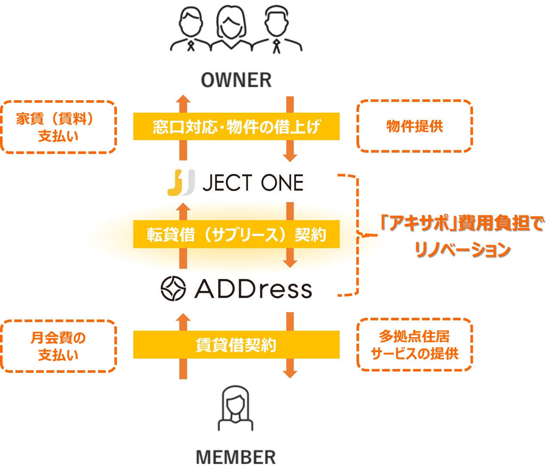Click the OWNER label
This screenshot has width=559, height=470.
click(236, 80)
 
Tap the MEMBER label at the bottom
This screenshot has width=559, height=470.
click(236, 458)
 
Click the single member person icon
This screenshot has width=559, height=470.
click(235, 409)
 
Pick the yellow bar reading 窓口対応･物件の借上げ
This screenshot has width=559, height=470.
click(236, 126)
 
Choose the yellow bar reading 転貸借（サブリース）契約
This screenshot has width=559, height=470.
click(236, 234)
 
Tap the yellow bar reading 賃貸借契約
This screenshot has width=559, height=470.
click(236, 345)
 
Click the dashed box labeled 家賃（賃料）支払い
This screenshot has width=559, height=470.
click(58, 127)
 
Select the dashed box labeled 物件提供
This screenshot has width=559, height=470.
click(415, 126)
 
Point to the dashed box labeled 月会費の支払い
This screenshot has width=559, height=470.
click(58, 346)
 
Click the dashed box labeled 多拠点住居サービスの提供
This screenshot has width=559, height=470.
click(415, 345)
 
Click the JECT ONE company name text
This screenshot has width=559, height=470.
click(253, 183)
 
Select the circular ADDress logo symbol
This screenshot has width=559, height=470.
click(173, 288)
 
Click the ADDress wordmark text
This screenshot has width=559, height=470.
click(253, 289)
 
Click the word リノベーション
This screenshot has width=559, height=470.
click(463, 249)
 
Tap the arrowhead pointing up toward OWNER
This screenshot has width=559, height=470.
click(183, 99)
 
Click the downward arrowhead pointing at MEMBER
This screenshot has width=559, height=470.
click(290, 372)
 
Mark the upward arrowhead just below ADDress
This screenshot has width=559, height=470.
click(183, 318)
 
